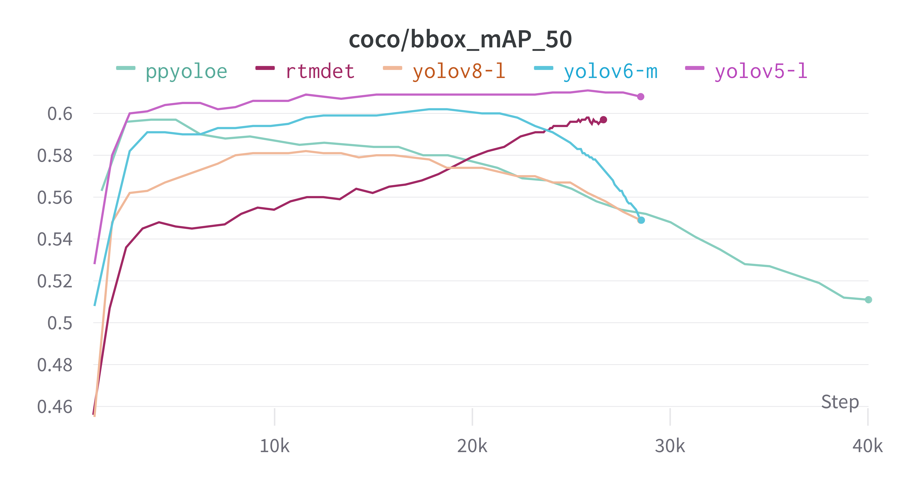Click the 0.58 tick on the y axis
pos(55,156)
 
